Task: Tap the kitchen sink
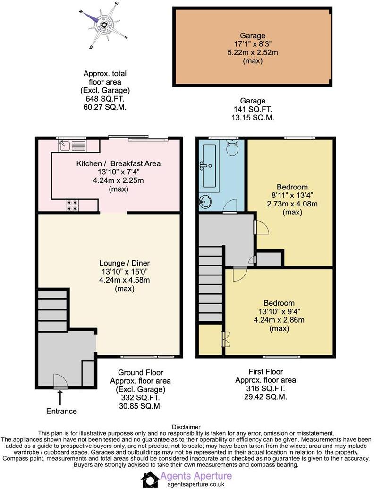(72, 145)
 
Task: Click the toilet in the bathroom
(231, 148)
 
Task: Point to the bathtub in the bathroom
(210, 165)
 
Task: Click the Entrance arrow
(60, 398)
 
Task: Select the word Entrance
(61, 411)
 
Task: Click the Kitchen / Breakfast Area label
(119, 163)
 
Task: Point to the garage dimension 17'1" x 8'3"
(252, 44)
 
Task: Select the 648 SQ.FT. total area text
(105, 99)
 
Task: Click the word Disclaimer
(187, 427)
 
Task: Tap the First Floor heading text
(265, 372)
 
